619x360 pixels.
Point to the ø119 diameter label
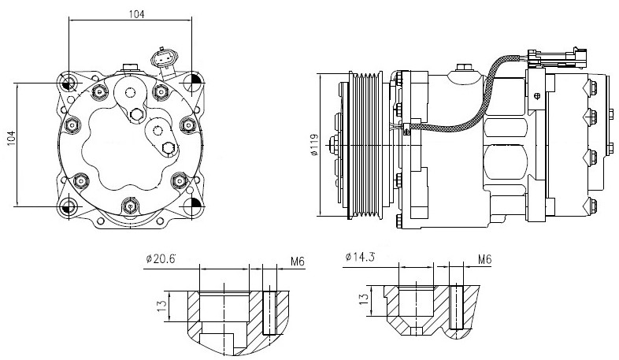pyautogui.click(x=313, y=145)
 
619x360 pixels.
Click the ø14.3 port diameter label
pyautogui.click(x=359, y=257)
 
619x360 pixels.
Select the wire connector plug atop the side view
pyautogui.click(x=558, y=58)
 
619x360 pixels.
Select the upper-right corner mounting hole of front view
pyautogui.click(x=194, y=83)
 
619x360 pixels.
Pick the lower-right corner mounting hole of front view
pyautogui.click(x=194, y=207)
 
